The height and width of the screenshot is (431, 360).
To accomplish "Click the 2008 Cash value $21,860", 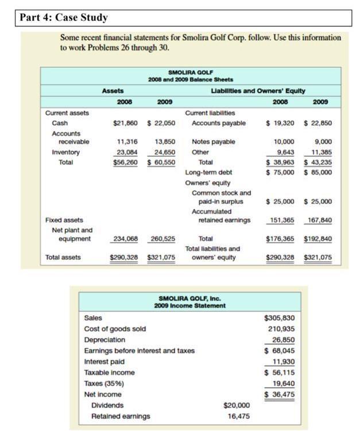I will point(125,123).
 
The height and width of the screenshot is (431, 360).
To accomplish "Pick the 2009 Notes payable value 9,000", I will point(322,141).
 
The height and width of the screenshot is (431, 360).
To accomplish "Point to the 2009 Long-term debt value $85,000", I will point(318,172).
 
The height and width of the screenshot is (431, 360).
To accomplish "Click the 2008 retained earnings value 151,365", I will point(282,220).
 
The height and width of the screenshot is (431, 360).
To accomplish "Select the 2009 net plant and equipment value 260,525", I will point(162,238).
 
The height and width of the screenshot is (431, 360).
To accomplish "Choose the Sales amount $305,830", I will point(279,317).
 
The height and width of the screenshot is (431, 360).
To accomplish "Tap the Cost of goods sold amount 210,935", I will point(281,328).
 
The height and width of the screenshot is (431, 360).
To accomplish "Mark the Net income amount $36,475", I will point(280,394).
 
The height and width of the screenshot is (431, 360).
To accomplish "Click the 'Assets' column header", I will point(113,91).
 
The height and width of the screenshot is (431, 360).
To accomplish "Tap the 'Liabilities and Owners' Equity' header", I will point(258,91).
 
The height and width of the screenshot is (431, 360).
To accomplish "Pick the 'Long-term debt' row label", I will point(208,172).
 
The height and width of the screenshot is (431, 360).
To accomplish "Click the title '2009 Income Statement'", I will point(189,305).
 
